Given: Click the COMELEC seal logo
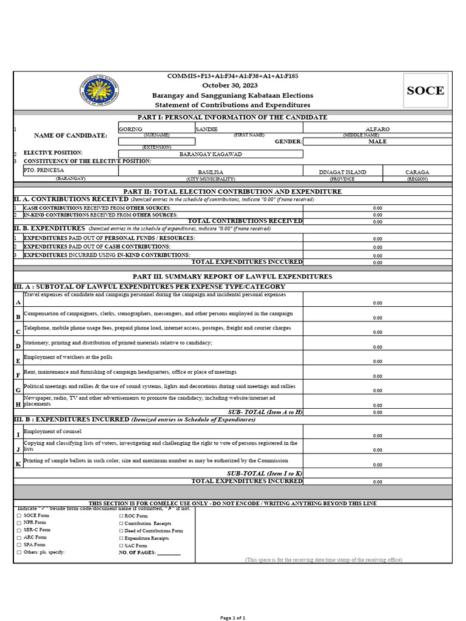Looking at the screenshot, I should coord(100,91).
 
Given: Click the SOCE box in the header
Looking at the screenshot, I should coord(425,91).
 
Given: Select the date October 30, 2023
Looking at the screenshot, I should coord(232,86).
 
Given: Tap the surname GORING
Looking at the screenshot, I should coord(130,129).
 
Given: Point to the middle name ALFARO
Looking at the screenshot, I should coord(377,129).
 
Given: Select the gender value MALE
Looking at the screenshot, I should coord(377,141).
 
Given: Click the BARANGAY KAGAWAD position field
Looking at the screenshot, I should coord(211,154).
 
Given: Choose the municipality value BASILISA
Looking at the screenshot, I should coord(211,172).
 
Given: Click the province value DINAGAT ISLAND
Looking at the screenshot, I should coord(342,172).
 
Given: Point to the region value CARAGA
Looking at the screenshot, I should coord(417,172).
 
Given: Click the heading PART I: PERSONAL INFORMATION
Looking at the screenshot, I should coord(233,117).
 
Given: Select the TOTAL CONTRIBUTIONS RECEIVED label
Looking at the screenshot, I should coord(245,221).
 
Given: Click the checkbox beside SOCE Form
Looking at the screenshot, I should coord(19,515).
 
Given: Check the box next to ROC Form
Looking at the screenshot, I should coord(121,515).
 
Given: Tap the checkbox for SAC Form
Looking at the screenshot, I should coord(121,546).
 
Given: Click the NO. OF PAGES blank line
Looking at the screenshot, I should coord(169,553).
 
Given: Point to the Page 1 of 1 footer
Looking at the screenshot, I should coord(232,617).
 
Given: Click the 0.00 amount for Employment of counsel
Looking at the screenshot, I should coord(377,435).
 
